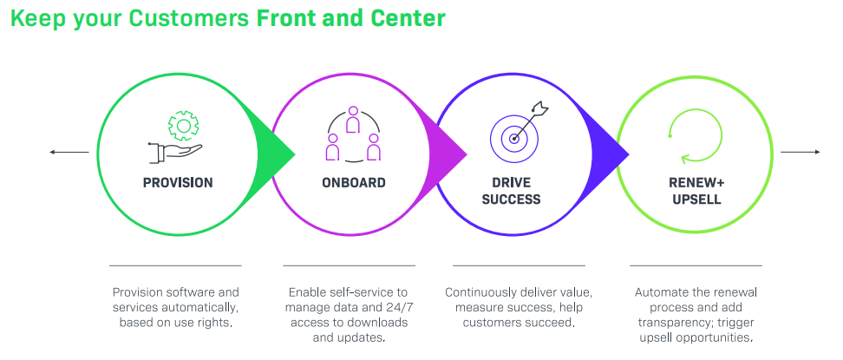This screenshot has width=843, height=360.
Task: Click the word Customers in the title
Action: (189, 17)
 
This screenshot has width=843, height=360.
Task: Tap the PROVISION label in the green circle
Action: (178, 183)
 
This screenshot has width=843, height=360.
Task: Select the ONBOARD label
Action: (354, 183)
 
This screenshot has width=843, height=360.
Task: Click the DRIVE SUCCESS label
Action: (512, 191)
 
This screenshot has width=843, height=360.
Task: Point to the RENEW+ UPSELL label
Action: (696, 191)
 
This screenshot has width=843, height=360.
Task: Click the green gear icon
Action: (183, 126)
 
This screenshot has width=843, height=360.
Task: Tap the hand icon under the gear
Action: (175, 153)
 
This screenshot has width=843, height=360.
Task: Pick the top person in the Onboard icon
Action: (353, 119)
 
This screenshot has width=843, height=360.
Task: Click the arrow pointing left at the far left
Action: (69, 153)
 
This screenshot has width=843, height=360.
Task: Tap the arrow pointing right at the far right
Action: (801, 153)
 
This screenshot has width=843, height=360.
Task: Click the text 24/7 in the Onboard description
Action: (395, 308)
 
